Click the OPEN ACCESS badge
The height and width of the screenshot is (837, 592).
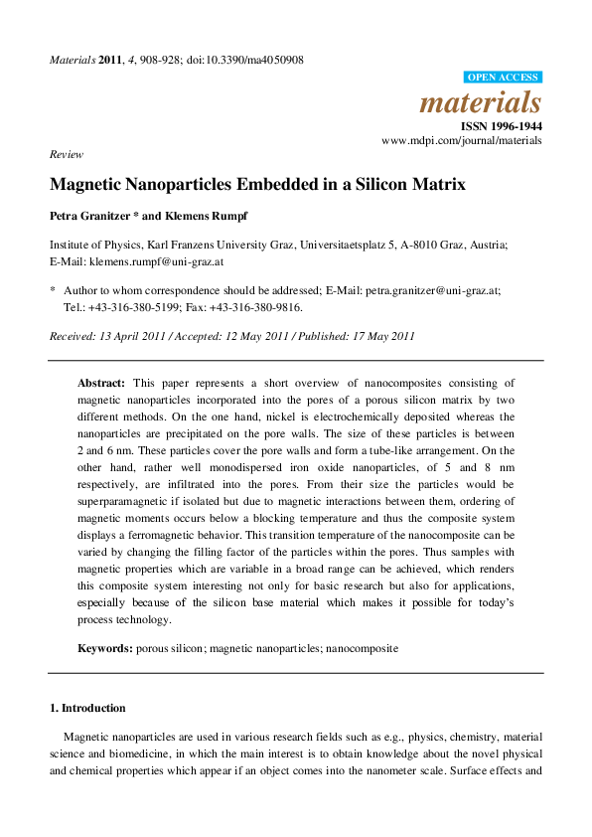[x=502, y=78]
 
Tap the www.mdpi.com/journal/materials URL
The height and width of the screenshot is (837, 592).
[x=462, y=142]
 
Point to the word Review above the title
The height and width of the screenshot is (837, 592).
[x=67, y=154]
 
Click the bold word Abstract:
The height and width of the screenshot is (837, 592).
[x=102, y=383]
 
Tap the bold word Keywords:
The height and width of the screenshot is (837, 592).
[x=105, y=648]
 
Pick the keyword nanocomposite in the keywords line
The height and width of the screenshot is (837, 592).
[x=363, y=648]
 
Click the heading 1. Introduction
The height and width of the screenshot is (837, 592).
[x=87, y=708]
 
